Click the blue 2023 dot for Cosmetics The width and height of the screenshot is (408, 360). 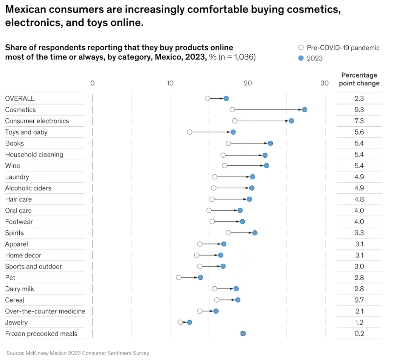[x=304, y=110]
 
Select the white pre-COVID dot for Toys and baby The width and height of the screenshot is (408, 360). [x=190, y=132]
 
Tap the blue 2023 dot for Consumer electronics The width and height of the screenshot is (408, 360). [x=291, y=121]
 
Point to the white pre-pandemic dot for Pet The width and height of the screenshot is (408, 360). [x=179, y=278]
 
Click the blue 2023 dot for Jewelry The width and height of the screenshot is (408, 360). [x=190, y=322]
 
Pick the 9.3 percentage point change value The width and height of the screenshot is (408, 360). [x=359, y=110]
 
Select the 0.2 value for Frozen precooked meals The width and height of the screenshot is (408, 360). [x=359, y=334]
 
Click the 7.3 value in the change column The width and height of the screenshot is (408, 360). [x=359, y=121]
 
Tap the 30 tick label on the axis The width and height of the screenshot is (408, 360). [x=325, y=83]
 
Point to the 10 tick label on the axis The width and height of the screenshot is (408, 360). [x=170, y=83]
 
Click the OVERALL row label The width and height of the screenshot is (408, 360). [x=20, y=98]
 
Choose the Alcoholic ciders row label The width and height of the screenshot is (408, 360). [x=28, y=188]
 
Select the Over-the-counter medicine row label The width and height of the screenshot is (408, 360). [x=45, y=311]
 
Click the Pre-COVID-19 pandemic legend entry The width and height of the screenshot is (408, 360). [x=339, y=48]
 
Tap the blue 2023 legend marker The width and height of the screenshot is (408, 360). [x=301, y=58]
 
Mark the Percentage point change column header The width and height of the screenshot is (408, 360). [x=359, y=79]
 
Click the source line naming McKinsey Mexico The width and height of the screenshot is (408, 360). [x=77, y=353]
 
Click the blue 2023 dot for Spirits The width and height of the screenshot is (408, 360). [x=255, y=233]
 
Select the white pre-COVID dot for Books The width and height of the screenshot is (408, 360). [x=229, y=143]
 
